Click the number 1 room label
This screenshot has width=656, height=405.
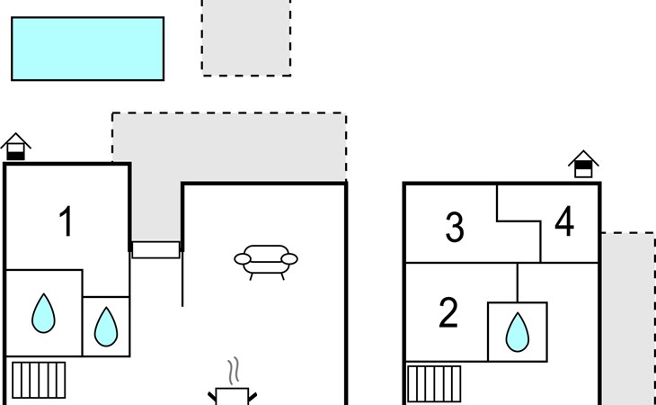66,221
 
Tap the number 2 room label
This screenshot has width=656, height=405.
448,312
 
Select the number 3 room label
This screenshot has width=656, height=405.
455,228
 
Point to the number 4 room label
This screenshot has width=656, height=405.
564,222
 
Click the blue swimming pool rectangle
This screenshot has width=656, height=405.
87,49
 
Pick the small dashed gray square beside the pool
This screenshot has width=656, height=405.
246,37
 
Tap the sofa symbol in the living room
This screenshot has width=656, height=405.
265,261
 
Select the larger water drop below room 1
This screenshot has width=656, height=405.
43,312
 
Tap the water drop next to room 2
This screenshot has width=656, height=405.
517,331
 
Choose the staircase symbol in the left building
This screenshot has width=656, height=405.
38,379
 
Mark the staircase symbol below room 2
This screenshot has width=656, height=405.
434,383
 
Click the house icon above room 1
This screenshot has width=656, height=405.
16,147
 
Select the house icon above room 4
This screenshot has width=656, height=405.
583,164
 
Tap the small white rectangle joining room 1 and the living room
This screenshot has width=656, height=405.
156,249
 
